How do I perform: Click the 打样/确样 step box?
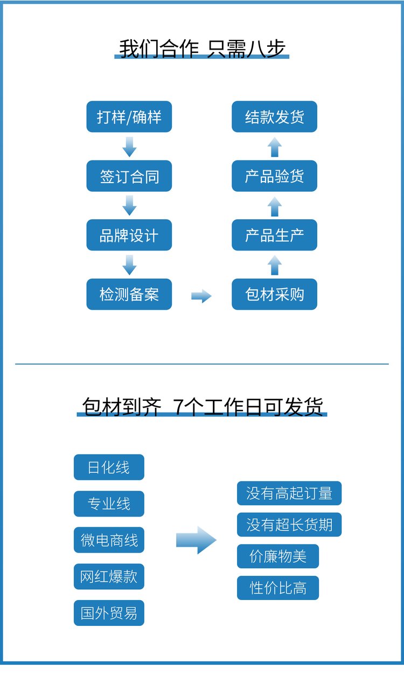click(x=129, y=116)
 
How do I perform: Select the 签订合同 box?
click(x=129, y=176)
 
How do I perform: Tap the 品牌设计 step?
click(x=129, y=235)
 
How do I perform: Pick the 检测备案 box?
click(x=129, y=294)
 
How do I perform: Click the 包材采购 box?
click(x=274, y=294)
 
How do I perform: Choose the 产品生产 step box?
click(x=274, y=235)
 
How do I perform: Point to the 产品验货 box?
click(x=274, y=176)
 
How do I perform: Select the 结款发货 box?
click(x=274, y=116)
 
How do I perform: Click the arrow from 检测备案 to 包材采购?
click(x=201, y=296)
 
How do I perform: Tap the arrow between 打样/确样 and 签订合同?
click(x=129, y=147)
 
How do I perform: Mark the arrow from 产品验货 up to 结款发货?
click(x=275, y=147)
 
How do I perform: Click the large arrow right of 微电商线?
click(x=197, y=540)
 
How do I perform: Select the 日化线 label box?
click(x=109, y=467)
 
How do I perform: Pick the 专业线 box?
click(x=109, y=504)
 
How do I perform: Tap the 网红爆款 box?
click(x=109, y=576)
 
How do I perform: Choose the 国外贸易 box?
click(x=109, y=613)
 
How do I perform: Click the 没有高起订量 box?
click(x=289, y=493)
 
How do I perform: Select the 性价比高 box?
click(x=278, y=588)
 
